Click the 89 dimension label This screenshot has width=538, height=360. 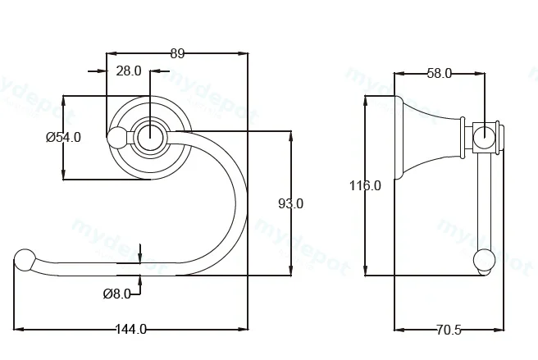click(177, 53)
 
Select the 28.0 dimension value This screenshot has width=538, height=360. click(129, 71)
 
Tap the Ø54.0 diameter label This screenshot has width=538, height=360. click(63, 137)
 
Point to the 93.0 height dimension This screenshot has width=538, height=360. click(290, 204)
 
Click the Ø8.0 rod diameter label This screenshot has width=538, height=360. click(117, 294)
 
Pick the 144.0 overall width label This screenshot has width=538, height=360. click(130, 330)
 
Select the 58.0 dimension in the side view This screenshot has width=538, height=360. click(440, 74)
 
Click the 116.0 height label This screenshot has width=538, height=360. click(365, 185)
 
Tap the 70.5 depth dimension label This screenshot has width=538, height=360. click(449, 330)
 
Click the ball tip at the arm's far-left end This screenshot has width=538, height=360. click(25, 260)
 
